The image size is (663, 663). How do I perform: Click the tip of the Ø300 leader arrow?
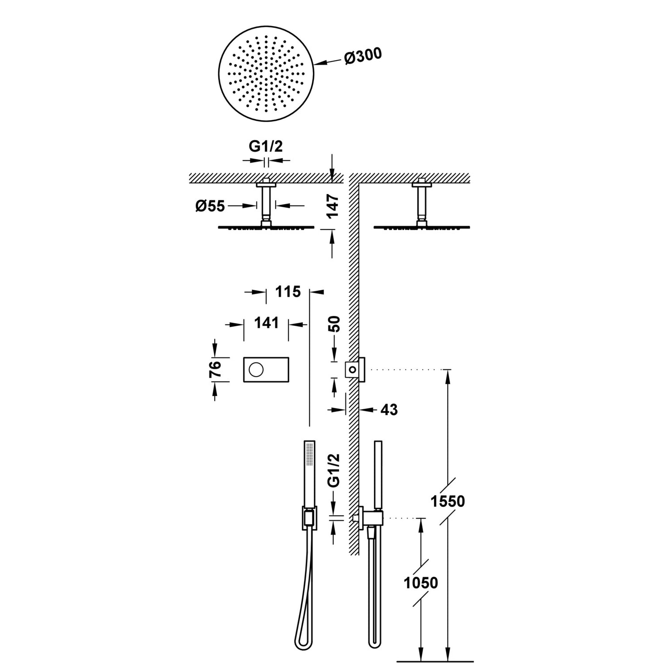pyautogui.click(x=313, y=64)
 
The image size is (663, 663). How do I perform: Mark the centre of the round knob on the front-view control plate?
pyautogui.click(x=256, y=370)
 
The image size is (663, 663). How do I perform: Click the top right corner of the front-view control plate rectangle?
pyautogui.click(x=289, y=357)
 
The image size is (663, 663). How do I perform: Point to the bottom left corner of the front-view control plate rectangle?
pyautogui.click(x=244, y=382)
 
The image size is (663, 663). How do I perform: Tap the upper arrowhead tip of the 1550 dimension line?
pyautogui.click(x=447, y=370)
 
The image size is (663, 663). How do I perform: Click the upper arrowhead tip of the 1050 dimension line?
pyautogui.click(x=420, y=518)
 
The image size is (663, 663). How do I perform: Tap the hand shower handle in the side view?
pyautogui.click(x=378, y=475)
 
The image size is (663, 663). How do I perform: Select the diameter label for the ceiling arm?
pyautogui.click(x=210, y=206)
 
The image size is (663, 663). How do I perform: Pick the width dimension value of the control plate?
pyautogui.click(x=266, y=323)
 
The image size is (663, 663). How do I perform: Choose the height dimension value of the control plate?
pyautogui.click(x=215, y=370)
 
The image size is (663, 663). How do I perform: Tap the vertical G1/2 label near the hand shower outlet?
pyautogui.click(x=334, y=470)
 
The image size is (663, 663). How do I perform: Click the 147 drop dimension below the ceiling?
pyautogui.click(x=333, y=206)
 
